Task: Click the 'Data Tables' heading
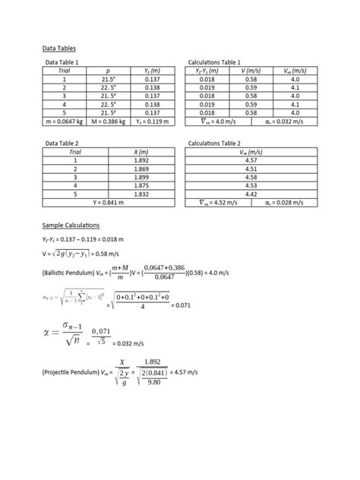tap(58, 48)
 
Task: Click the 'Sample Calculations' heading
tap(71, 226)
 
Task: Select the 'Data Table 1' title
tap(62, 62)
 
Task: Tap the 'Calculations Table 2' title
tap(214, 143)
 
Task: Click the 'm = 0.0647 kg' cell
tap(65, 121)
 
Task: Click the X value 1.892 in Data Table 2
tap(140, 160)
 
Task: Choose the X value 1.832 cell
tap(140, 194)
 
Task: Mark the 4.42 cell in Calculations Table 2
tap(251, 194)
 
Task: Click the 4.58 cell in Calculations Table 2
tap(251, 177)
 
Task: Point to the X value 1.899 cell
tap(140, 177)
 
